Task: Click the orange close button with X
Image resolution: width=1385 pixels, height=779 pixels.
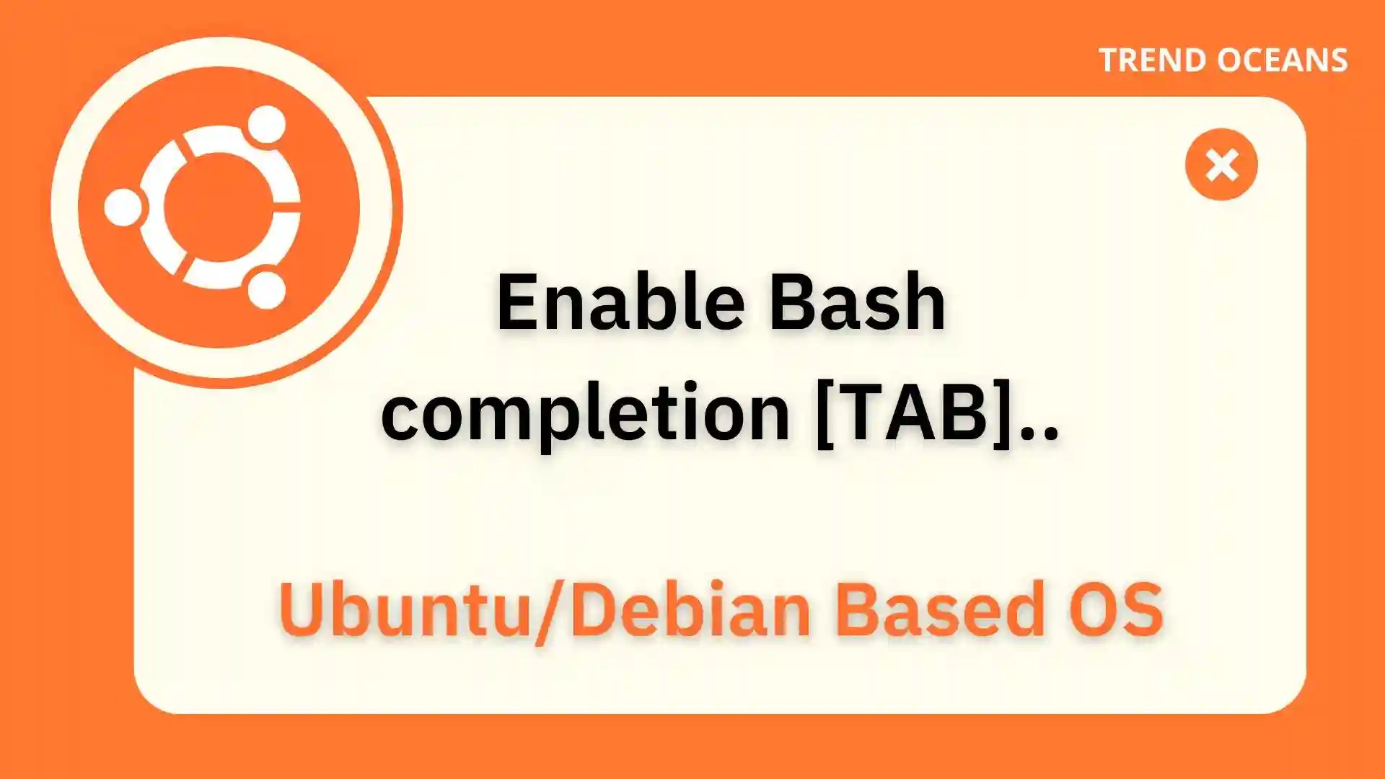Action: [x=1221, y=164]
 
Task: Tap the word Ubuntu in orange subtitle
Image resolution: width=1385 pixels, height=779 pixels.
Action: [x=405, y=609]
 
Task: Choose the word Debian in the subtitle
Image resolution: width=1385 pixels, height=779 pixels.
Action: [x=691, y=609]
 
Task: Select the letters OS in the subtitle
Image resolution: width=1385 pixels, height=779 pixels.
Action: [x=1116, y=609]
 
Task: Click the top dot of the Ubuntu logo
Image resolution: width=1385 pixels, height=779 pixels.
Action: [x=267, y=124]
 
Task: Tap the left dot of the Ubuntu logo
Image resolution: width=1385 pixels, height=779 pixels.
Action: [x=123, y=208]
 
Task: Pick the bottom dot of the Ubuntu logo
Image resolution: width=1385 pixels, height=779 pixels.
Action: [x=267, y=290]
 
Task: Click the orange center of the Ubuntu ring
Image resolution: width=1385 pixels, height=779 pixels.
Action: [x=218, y=208]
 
